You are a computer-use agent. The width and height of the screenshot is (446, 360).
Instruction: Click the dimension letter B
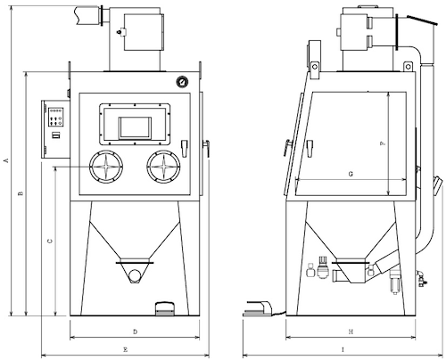click(x=21, y=193)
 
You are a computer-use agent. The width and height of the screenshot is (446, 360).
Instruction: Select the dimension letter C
click(x=50, y=241)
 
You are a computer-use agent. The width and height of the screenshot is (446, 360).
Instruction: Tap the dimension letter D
click(x=135, y=331)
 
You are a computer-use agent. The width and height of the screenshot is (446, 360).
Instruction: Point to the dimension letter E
click(x=125, y=349)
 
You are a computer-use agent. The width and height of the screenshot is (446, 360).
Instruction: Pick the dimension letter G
click(x=351, y=174)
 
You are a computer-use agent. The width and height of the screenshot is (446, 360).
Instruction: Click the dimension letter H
click(x=351, y=331)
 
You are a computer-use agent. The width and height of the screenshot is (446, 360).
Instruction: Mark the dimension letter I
click(x=343, y=349)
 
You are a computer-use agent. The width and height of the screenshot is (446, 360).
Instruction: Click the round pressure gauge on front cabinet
click(x=181, y=81)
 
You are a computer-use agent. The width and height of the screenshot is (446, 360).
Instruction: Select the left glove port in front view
click(x=106, y=167)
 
